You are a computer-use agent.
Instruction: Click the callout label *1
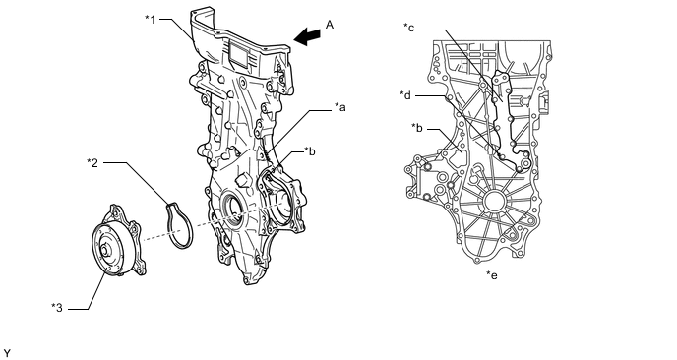click(x=150, y=19)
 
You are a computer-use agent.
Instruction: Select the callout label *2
click(x=92, y=162)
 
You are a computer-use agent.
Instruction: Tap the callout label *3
click(x=57, y=308)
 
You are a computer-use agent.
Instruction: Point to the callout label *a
click(x=340, y=107)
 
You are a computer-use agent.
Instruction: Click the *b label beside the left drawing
click(x=310, y=151)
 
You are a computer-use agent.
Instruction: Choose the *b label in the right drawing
click(x=417, y=128)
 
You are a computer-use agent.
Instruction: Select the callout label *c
click(x=409, y=28)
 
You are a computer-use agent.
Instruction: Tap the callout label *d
click(x=405, y=95)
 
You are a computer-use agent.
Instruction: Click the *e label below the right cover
click(x=492, y=275)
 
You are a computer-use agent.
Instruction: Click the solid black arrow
click(x=307, y=36)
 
